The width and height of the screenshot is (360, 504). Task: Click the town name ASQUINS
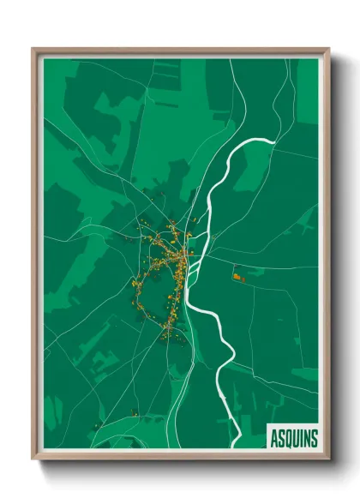(292, 438)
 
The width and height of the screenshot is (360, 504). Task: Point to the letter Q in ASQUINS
(288, 438)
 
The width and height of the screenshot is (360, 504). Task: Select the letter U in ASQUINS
(296, 438)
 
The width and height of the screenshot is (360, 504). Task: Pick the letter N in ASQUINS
(306, 438)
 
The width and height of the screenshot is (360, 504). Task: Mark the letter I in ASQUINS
(301, 438)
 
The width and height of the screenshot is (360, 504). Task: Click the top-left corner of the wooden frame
(33, 49)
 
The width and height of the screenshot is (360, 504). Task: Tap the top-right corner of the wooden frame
(328, 49)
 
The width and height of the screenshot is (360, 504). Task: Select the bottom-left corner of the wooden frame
(33, 459)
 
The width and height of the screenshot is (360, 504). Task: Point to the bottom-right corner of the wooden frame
(328, 459)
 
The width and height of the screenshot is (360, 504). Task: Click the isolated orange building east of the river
(236, 275)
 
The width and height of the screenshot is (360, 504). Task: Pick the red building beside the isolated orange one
(242, 279)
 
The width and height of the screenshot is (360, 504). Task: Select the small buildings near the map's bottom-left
(135, 415)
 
